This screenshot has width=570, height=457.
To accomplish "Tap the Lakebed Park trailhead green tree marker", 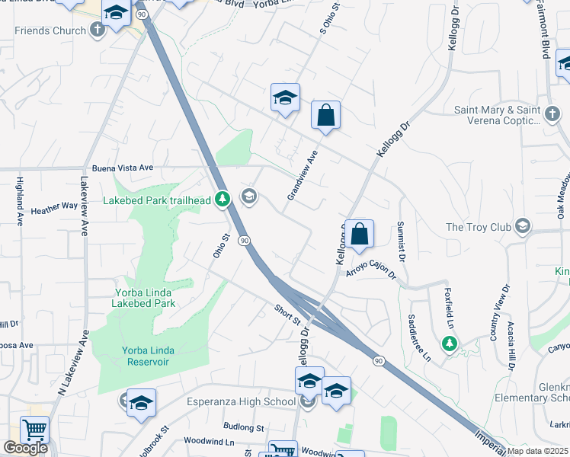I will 222,200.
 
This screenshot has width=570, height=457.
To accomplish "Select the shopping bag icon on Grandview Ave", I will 325,116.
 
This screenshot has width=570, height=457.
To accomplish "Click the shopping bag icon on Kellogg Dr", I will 360,234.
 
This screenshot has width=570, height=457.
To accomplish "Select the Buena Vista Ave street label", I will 122,168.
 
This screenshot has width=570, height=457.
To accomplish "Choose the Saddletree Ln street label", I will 419,337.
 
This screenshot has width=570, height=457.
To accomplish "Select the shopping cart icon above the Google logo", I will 34,430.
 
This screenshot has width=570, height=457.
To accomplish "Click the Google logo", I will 25,448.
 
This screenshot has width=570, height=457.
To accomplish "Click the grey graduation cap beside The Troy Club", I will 523,226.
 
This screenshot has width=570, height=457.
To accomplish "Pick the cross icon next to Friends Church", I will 96,30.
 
